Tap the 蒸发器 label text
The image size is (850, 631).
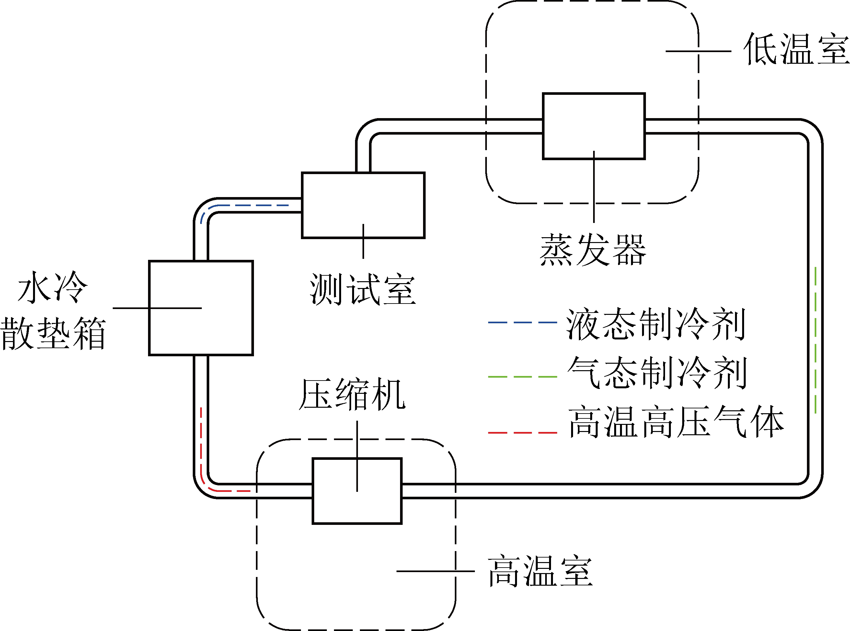coord(593,250)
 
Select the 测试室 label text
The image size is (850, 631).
coord(362,290)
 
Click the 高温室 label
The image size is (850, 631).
coord(540,572)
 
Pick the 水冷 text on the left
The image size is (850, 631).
coord(53,287)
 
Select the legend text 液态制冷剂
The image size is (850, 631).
coord(656,325)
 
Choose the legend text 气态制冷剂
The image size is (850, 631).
coord(657,373)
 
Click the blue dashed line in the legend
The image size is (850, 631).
coord(522,323)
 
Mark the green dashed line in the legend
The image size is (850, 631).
coord(522,377)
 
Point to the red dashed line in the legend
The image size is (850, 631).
coord(522,433)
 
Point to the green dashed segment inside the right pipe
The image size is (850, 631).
coord(816,340)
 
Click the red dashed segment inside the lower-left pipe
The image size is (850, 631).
coord(201,451)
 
